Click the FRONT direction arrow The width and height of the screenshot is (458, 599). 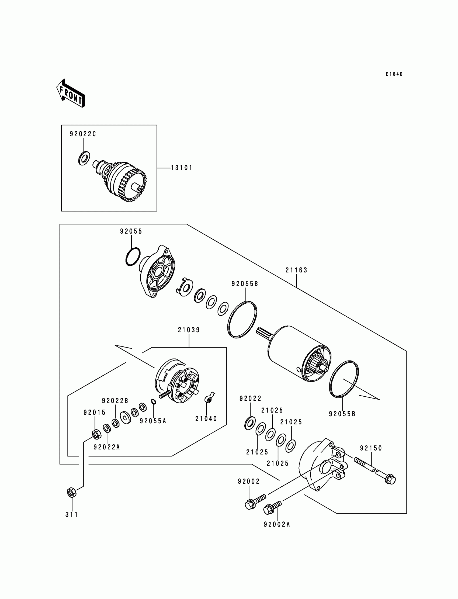pos(71,93)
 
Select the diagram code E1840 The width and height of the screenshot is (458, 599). pos(394,74)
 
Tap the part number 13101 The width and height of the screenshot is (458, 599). pos(182,168)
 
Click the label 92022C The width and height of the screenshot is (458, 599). pos(83,134)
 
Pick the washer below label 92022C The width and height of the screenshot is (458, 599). pos(84,158)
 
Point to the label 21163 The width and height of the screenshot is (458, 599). pos(296,270)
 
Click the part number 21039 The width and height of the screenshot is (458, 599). pos(189,330)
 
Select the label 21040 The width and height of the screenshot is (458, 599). pos(206,418)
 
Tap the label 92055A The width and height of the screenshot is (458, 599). pos(153,421)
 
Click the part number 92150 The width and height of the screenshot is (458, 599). pos(371,448)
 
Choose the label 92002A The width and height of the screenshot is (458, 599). pos(277,524)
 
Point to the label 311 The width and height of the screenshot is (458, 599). pos(72,514)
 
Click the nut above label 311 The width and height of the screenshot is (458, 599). pos(71,492)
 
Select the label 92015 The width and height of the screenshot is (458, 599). pos(95,413)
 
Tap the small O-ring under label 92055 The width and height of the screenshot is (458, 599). pos(133,256)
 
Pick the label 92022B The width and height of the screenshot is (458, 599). pos(115,400)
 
